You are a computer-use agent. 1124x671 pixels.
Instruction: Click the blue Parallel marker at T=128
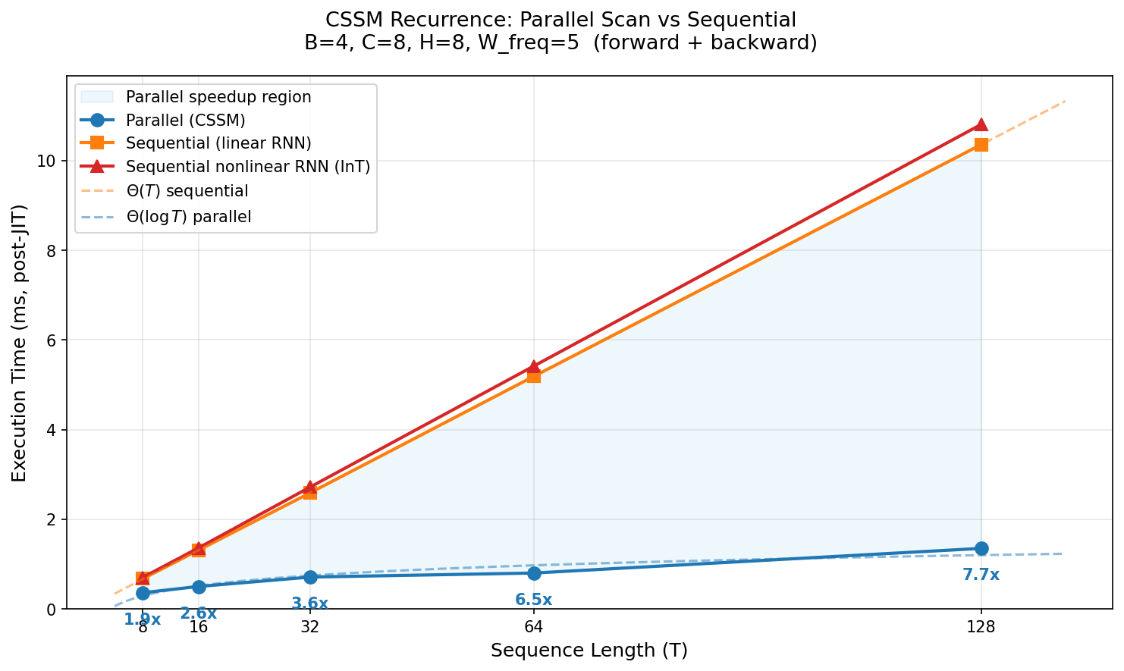point(981,548)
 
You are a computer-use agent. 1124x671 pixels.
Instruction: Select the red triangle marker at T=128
point(981,124)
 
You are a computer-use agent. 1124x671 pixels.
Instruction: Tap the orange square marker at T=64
point(534,376)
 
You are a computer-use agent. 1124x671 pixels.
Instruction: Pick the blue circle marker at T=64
point(534,572)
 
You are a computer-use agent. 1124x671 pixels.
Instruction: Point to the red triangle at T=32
point(310,487)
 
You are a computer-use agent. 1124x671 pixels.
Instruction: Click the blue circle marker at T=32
point(310,577)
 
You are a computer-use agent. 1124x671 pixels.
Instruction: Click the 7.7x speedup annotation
point(981,575)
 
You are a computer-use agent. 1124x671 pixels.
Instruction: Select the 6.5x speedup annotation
point(534,600)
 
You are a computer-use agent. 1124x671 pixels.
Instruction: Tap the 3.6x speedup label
point(310,604)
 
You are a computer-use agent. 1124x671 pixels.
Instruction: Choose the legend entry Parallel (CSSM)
point(185,120)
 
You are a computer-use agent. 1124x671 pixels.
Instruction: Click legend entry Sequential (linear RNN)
point(218,143)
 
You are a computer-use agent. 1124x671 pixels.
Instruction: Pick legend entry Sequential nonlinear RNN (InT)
point(248,167)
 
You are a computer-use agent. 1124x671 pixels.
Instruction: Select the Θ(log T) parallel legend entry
point(188,217)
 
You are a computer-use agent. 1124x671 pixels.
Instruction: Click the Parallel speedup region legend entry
point(218,97)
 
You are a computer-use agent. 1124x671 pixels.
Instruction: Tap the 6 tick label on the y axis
point(52,340)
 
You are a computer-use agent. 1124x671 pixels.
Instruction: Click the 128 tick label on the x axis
point(981,627)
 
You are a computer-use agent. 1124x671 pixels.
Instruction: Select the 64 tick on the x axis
point(534,627)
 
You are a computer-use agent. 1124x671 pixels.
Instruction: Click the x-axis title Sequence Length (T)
point(589,651)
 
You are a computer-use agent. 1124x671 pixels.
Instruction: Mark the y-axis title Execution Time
point(20,343)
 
